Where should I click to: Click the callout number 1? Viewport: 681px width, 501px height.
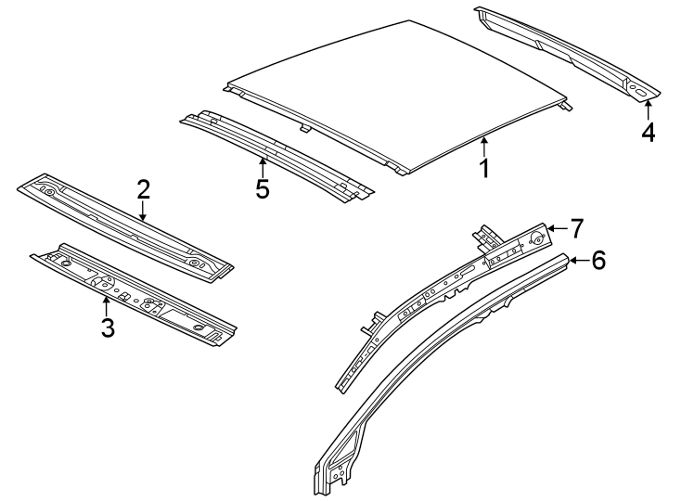pyautogui.click(x=483, y=168)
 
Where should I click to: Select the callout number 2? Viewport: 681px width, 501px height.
pyautogui.click(x=143, y=190)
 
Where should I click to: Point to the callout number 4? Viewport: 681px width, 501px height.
pyautogui.click(x=648, y=133)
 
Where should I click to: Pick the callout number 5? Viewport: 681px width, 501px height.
pyautogui.click(x=263, y=189)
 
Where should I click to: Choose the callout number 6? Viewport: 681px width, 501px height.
pyautogui.click(x=598, y=261)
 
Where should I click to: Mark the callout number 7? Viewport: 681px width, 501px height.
pyautogui.click(x=576, y=227)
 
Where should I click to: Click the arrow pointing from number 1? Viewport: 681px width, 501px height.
pyautogui.click(x=483, y=146)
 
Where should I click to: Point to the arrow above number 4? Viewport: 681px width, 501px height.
pyautogui.click(x=647, y=110)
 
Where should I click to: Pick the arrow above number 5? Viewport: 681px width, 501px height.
pyautogui.click(x=263, y=167)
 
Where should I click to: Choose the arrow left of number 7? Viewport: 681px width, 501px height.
pyautogui.click(x=555, y=227)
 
